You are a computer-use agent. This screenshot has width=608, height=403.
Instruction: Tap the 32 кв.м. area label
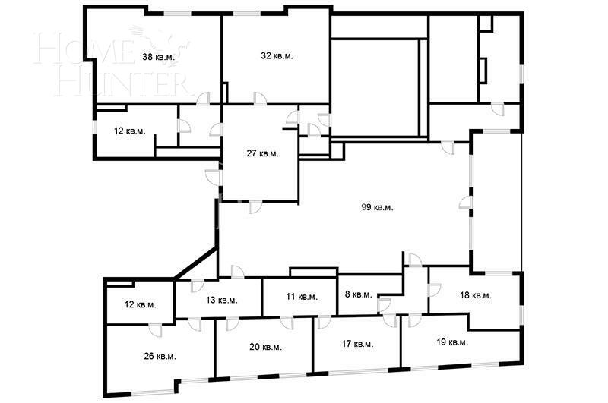pos(277,55)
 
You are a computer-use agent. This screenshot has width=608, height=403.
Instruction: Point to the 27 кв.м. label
pos(262,153)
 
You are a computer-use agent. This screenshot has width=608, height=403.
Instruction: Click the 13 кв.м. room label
pos(221,300)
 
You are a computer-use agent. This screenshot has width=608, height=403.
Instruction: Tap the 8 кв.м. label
pos(358,294)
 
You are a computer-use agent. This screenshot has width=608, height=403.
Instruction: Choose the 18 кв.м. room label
pos(476,295)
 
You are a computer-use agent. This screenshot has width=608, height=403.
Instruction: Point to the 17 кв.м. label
pos(356,344)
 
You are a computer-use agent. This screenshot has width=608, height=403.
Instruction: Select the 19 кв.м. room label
pos(451,342)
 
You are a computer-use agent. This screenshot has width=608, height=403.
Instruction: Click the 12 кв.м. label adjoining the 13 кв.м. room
pos(140,305)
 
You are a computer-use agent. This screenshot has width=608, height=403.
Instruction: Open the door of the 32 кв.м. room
pos(260,99)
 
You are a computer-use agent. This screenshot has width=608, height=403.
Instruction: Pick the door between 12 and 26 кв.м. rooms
pos(154,329)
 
